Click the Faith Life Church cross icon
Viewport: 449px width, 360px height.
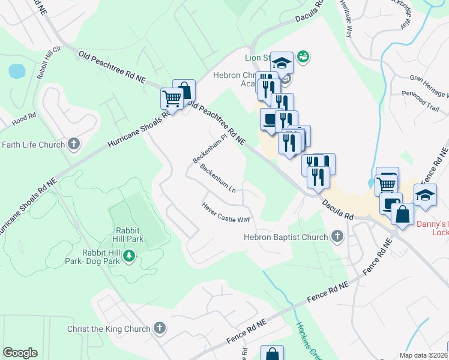pos(74,144)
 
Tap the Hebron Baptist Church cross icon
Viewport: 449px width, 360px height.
pos(337,237)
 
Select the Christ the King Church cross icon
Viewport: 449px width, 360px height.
pos(159,328)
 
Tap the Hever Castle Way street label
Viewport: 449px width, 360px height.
pos(226,212)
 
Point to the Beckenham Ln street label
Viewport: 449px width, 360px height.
pos(218,178)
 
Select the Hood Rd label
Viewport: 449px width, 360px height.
pos(25,120)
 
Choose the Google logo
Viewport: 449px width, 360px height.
pos(20,353)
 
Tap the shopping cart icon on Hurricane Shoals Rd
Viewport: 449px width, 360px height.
pos(172,98)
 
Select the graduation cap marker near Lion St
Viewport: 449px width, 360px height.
pos(282,62)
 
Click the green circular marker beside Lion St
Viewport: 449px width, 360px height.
pos(303,56)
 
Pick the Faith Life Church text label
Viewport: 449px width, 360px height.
pos(33,145)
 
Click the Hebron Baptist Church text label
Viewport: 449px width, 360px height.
pos(286,238)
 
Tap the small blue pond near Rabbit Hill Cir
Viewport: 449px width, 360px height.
pos(17,72)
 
